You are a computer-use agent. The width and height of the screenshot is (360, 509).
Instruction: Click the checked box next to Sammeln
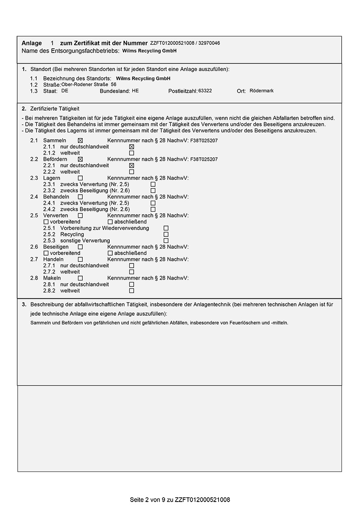80,141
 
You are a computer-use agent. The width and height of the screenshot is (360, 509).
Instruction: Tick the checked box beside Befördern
80,159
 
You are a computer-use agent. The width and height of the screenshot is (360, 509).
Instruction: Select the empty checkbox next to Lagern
80,178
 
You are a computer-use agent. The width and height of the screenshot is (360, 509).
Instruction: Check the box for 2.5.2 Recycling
166,234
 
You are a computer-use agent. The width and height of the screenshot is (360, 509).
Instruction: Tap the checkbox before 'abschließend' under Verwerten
110,222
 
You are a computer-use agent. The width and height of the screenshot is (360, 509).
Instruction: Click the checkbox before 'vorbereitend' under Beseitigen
46,253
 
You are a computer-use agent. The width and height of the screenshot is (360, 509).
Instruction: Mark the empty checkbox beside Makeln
80,278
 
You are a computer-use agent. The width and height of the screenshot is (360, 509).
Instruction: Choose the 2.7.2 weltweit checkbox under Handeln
131,272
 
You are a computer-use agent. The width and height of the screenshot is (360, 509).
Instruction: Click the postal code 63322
205,91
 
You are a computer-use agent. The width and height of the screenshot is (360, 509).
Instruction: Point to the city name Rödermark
262,91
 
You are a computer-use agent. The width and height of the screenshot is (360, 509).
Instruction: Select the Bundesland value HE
135,91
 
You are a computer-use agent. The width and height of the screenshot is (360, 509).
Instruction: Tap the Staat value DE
65,91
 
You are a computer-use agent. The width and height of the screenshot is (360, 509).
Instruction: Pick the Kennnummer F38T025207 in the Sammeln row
204,141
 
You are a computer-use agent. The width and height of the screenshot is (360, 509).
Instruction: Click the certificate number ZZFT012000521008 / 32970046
185,43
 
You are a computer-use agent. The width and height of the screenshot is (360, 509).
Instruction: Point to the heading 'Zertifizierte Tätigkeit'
55,108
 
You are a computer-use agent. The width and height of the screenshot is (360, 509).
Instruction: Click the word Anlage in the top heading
32,43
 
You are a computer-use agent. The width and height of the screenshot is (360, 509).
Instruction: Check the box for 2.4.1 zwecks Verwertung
153,203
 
